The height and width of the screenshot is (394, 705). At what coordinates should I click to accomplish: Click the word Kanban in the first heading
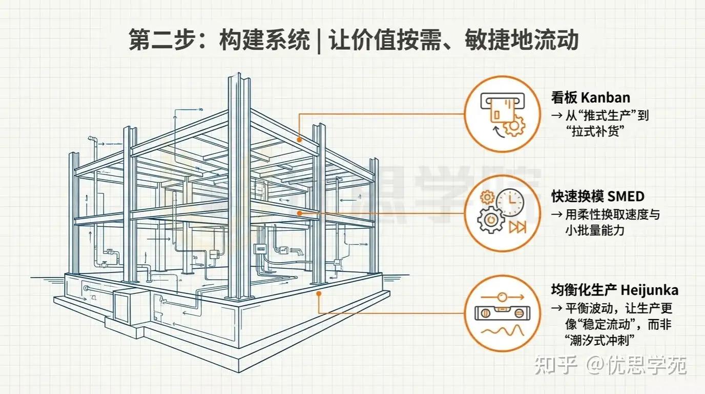[606, 97]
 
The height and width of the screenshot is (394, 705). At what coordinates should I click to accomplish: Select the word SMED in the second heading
[626, 196]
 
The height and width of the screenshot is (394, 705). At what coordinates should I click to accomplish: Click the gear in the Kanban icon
[514, 126]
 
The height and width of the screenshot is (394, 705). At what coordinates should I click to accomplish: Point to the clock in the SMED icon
[510, 202]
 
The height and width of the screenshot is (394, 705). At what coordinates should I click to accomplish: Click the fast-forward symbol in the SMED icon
[517, 227]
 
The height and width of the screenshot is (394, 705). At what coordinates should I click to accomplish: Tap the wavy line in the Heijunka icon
[503, 331]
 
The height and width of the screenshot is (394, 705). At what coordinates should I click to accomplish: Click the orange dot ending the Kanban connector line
[299, 140]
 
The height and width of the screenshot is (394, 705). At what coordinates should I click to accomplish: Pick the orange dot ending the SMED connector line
[300, 213]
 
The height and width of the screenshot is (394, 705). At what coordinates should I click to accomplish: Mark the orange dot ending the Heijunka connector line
[319, 293]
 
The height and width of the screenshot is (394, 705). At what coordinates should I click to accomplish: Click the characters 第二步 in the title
[163, 40]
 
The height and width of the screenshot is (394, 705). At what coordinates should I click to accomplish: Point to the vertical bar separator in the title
[319, 41]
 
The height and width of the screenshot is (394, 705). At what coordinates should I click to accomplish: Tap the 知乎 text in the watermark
[556, 365]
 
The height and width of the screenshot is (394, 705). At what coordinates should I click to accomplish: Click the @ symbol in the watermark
[596, 365]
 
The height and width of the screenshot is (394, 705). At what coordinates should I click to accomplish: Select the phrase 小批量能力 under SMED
[595, 230]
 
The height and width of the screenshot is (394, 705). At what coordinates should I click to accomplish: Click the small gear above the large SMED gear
[487, 198]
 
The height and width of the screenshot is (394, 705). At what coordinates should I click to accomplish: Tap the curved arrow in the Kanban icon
[498, 131]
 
